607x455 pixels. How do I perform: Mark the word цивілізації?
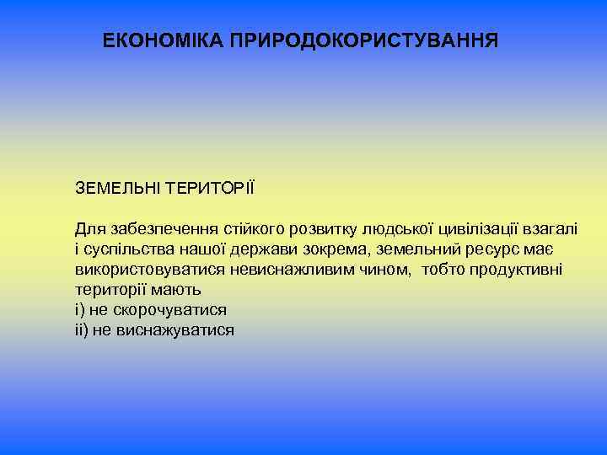[x=475, y=228]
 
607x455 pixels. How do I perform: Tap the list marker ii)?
[x=81, y=329]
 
